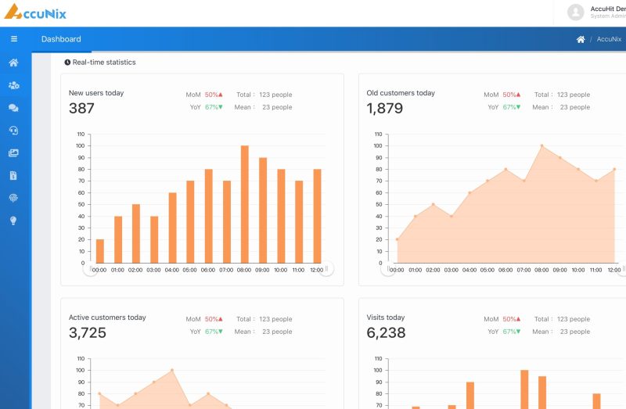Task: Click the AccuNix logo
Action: pyautogui.click(x=35, y=12)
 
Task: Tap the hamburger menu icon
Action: pyautogui.click(x=14, y=38)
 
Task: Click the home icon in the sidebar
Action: pyautogui.click(x=13, y=63)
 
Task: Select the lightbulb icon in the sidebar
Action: pyautogui.click(x=13, y=221)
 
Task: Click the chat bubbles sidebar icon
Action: pyautogui.click(x=13, y=108)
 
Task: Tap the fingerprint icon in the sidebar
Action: pyautogui.click(x=13, y=198)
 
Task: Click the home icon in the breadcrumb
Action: pyautogui.click(x=581, y=39)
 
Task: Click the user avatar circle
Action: pyautogui.click(x=576, y=13)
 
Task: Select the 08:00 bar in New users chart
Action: pyautogui.click(x=245, y=204)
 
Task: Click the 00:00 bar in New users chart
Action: pyautogui.click(x=100, y=251)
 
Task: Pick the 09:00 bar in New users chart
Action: pyautogui.click(x=263, y=210)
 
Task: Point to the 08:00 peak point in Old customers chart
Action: pyautogui.click(x=541, y=145)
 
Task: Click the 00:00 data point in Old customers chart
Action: pyautogui.click(x=397, y=239)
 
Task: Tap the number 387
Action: pyautogui.click(x=81, y=108)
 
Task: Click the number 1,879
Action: pyautogui.click(x=385, y=108)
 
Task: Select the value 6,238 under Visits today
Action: pyautogui.click(x=386, y=333)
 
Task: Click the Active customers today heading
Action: pyautogui.click(x=107, y=318)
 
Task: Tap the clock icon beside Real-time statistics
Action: pyautogui.click(x=67, y=63)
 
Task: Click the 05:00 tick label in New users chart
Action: pyautogui.click(x=189, y=270)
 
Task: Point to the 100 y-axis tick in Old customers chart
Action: pyautogui.click(x=378, y=145)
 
